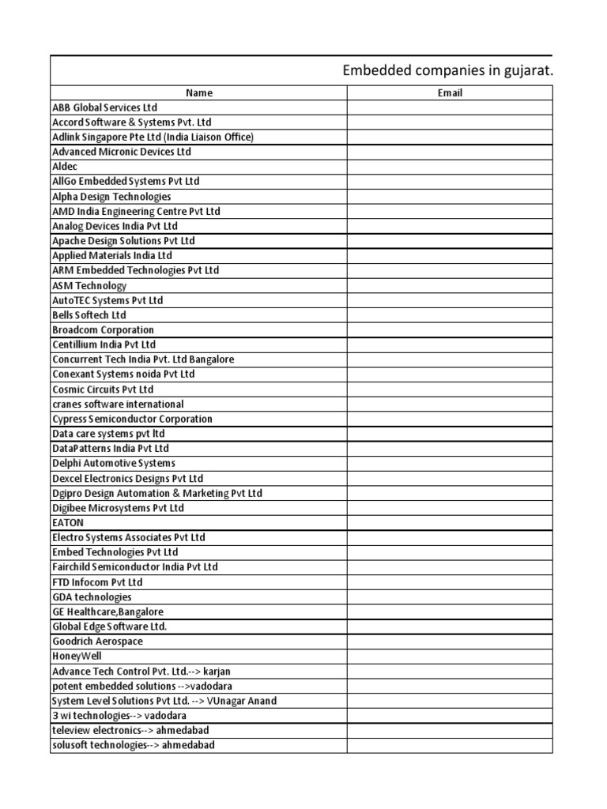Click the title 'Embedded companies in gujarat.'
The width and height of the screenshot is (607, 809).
447,71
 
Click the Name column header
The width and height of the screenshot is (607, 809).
199,92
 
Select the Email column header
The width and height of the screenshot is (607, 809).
450,92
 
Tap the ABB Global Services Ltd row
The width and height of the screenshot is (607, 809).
105,107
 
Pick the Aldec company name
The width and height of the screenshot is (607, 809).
65,167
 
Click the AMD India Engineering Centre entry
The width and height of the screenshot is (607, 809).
136,212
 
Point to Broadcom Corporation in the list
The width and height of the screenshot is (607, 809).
103,330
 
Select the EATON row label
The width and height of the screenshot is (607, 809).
68,523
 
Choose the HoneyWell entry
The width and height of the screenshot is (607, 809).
77,657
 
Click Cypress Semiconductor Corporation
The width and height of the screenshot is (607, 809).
132,420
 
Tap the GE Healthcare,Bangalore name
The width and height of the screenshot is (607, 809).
108,612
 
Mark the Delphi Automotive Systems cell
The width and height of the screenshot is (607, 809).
114,464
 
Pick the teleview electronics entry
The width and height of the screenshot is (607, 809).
130,731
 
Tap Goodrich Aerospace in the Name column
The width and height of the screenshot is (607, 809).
97,642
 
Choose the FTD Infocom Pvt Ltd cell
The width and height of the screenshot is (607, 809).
97,582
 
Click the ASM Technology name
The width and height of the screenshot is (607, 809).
89,286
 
